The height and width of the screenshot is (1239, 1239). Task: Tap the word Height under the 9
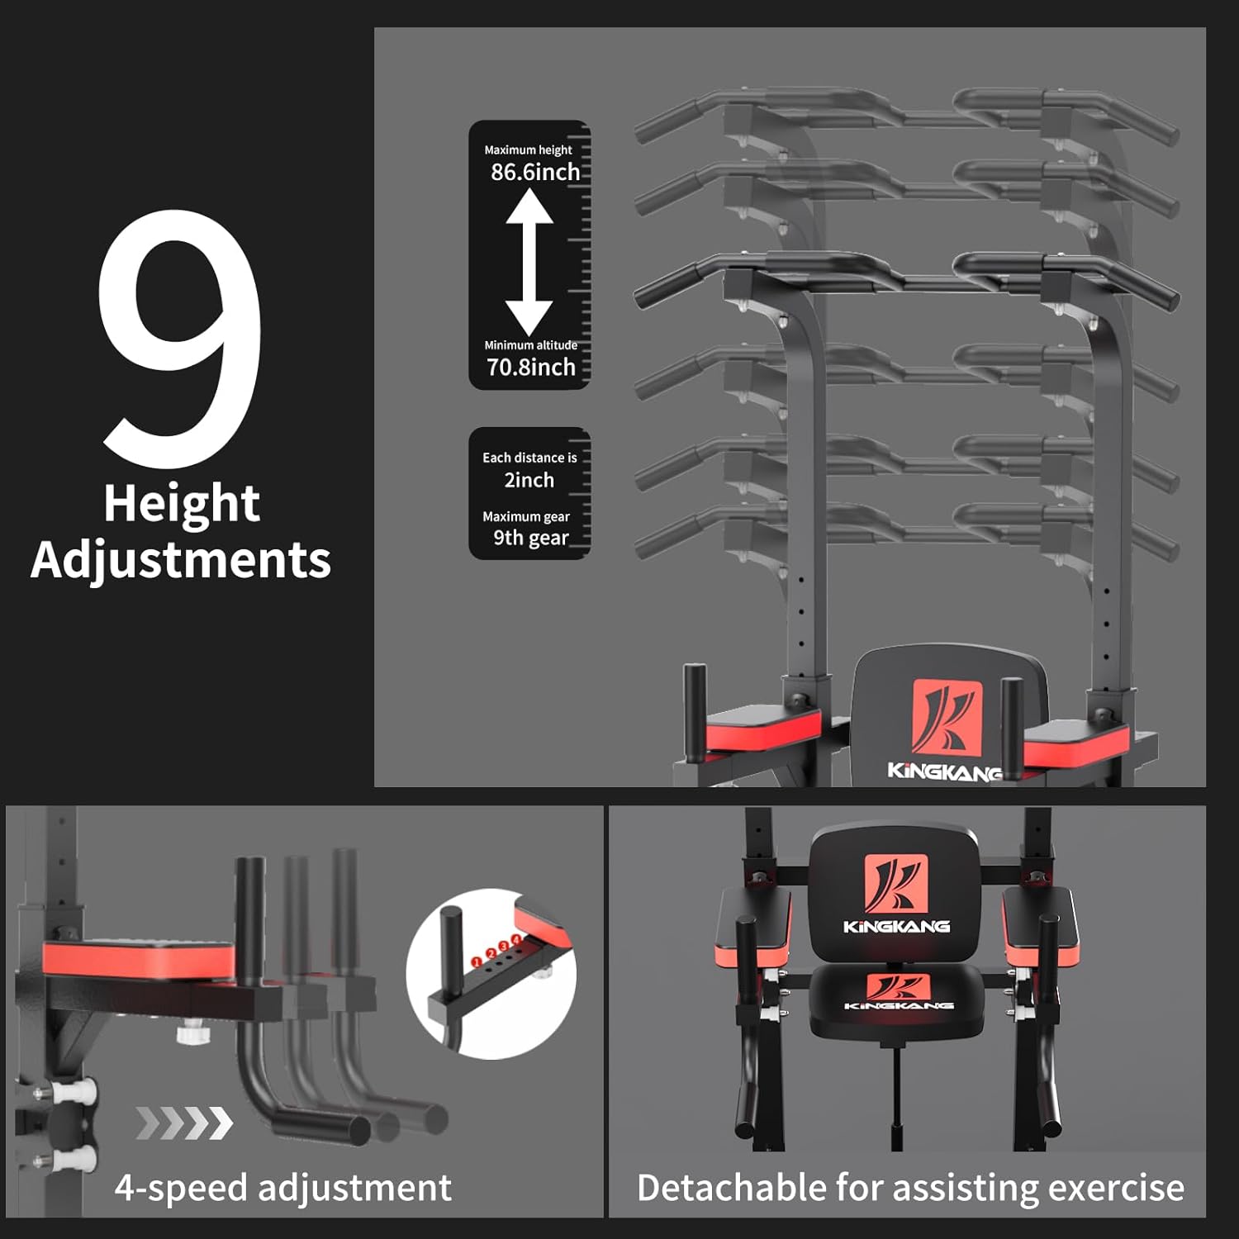(x=182, y=504)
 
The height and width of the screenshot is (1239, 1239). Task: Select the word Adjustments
(x=181, y=561)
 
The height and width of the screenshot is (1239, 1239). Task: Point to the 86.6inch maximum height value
(x=535, y=172)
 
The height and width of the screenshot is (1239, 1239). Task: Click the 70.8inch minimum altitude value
(x=530, y=367)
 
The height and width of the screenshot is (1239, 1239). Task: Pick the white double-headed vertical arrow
(x=529, y=262)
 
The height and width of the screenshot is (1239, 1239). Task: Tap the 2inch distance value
(x=529, y=480)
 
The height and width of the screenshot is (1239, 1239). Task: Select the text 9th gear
(x=531, y=538)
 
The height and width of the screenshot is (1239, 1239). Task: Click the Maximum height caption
(x=528, y=150)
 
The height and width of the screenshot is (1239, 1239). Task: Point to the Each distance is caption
(x=529, y=458)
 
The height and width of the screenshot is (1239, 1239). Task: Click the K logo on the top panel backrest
(x=947, y=717)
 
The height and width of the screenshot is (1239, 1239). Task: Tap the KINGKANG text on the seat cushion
(x=899, y=1005)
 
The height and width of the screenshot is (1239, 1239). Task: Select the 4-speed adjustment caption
(x=283, y=1188)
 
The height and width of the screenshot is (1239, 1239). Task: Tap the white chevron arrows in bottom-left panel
(x=184, y=1123)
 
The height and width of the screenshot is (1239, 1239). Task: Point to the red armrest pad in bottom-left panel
(x=138, y=960)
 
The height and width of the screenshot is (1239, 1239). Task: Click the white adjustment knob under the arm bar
(x=191, y=1033)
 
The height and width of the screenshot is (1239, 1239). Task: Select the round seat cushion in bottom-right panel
(x=897, y=1003)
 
